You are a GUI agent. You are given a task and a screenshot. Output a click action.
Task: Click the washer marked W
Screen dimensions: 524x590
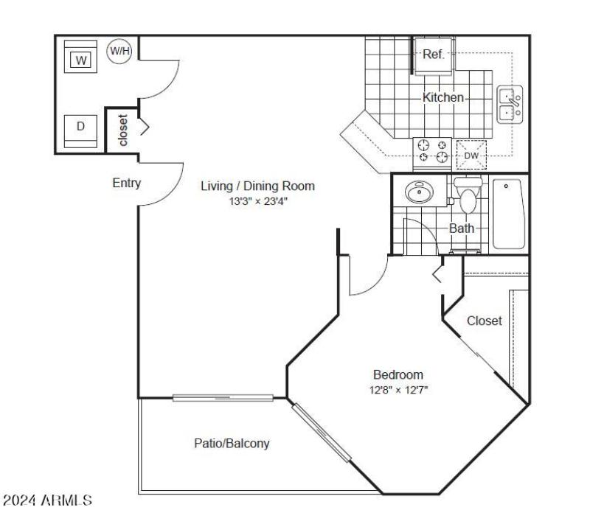81,58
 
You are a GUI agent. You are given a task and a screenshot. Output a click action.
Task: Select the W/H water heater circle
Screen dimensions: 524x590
119,51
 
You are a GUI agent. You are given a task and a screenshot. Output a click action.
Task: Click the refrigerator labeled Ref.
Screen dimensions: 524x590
432,55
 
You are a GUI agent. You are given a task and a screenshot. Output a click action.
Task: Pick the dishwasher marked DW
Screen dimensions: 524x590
471,156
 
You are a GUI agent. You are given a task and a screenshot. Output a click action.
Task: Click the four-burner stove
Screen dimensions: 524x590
433,150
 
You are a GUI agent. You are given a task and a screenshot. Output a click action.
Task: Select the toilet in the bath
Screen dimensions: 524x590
467,195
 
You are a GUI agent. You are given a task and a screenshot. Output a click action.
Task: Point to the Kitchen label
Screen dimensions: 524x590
442,97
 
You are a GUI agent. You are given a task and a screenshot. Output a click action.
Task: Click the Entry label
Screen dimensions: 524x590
126,184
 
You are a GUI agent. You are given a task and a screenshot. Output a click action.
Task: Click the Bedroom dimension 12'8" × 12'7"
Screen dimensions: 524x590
398,389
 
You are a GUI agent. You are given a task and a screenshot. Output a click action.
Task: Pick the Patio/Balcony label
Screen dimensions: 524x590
232,444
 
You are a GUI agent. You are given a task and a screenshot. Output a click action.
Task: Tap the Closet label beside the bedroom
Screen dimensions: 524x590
484,321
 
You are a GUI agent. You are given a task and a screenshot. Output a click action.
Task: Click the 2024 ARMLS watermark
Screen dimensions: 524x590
48,500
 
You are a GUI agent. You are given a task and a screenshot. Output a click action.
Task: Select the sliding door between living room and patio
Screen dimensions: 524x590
223,398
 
